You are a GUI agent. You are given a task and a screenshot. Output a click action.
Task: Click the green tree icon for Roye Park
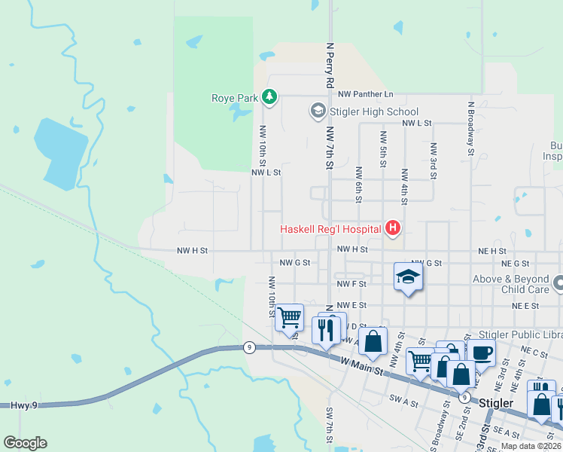[x=269, y=97]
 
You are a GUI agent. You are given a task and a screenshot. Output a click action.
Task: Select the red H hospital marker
[x=391, y=228]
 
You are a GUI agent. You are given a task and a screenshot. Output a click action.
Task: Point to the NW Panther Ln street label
[x=366, y=94]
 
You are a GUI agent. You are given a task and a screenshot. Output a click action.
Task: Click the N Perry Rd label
[x=329, y=66]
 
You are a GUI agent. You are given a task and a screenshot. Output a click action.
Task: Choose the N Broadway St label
[x=470, y=129]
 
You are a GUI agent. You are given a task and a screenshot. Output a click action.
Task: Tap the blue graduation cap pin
[x=407, y=277]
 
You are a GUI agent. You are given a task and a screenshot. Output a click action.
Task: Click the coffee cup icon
[x=481, y=353]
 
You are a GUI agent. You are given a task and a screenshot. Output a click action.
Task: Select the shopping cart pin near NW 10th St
[x=289, y=317]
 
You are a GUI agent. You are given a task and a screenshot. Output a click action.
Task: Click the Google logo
[x=25, y=443]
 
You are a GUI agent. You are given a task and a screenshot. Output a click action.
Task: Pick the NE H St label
[x=492, y=250]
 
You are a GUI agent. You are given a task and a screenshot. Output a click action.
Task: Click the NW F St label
[x=351, y=284]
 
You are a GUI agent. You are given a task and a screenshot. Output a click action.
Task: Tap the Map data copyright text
[x=531, y=446]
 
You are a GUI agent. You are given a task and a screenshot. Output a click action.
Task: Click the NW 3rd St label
[x=434, y=160]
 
